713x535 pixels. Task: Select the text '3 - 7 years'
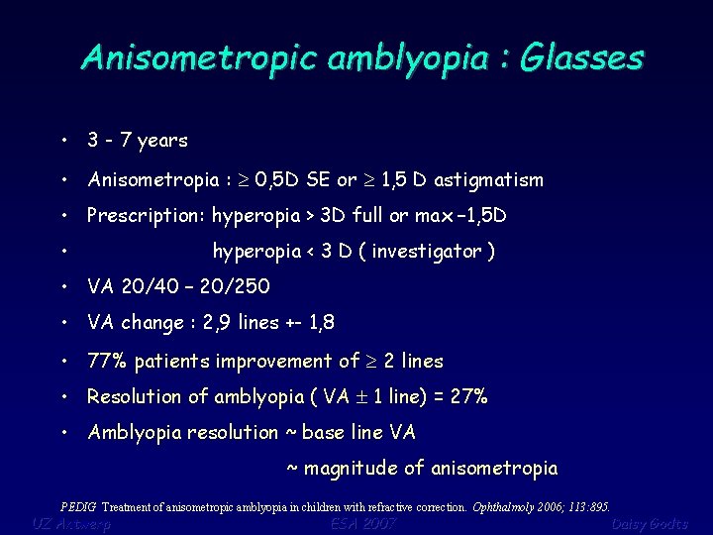[x=138, y=141]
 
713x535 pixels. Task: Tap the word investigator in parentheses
[x=427, y=252]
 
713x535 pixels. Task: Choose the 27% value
[x=468, y=397]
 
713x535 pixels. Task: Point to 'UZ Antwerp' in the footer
[x=71, y=523]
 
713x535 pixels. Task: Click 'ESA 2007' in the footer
[x=363, y=523]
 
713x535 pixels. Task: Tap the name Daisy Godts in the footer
[x=649, y=523]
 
